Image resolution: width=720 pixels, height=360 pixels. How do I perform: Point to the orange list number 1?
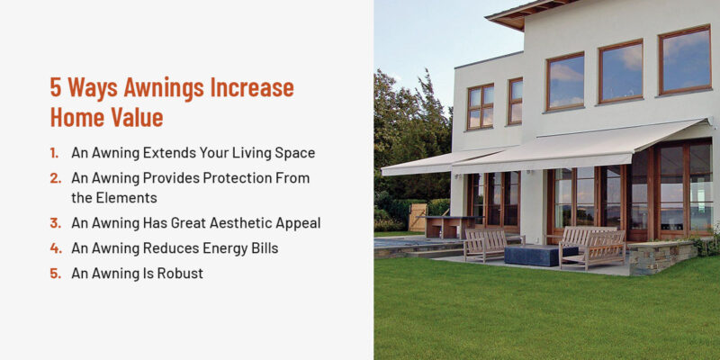[56, 153]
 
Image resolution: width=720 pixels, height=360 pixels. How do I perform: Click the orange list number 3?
[56, 223]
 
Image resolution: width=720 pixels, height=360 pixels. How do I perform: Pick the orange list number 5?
[56, 274]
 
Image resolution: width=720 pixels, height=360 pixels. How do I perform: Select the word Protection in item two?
[225, 178]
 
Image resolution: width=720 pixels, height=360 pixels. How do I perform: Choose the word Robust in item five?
[179, 274]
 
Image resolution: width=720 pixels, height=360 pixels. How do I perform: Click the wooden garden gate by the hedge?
[417, 217]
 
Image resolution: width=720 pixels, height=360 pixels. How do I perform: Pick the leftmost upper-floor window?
[480, 106]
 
